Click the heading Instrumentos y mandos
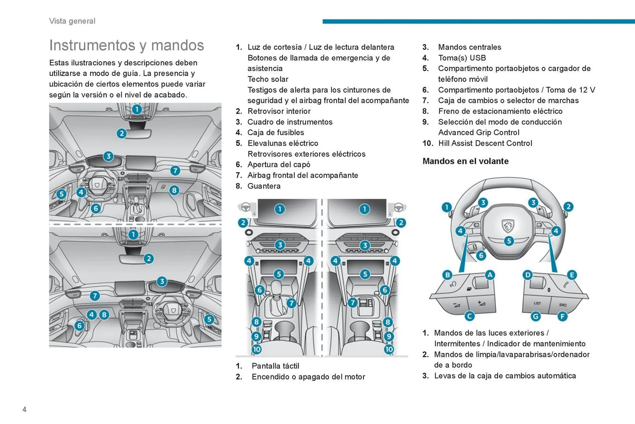pyautogui.click(x=126, y=45)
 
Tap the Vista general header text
pyautogui.click(x=72, y=21)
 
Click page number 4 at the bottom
pyautogui.click(x=24, y=409)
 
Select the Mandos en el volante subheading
pyautogui.click(x=465, y=161)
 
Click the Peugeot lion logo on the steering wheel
pyautogui.click(x=508, y=226)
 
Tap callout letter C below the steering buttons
pyautogui.click(x=469, y=316)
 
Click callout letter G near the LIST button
pyautogui.click(x=535, y=317)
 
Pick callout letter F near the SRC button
pyautogui.click(x=562, y=317)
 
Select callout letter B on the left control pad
pyautogui.click(x=447, y=275)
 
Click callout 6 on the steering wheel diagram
pyautogui.click(x=481, y=255)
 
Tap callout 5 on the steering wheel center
pyautogui.click(x=509, y=241)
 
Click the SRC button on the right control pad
pyautogui.click(x=563, y=305)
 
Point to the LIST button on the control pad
pyautogui.click(x=537, y=303)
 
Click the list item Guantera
pyautogui.click(x=264, y=186)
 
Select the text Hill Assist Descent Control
pyautogui.click(x=485, y=143)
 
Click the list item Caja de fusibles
pyautogui.click(x=275, y=132)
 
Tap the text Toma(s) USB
pyautogui.click(x=462, y=58)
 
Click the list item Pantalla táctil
pyautogui.click(x=275, y=366)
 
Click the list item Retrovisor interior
pyautogui.click(x=279, y=111)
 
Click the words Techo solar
pyautogui.click(x=268, y=79)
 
